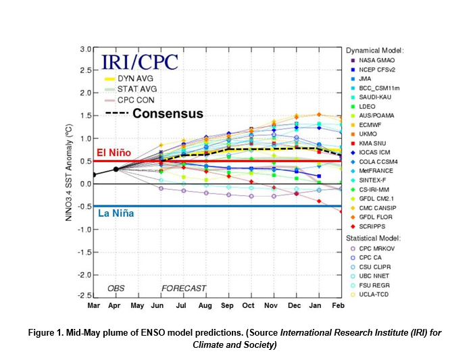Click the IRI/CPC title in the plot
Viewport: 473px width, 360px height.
[x=140, y=63]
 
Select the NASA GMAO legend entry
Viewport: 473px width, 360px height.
[x=376, y=59]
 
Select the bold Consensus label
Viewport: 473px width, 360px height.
[x=168, y=113]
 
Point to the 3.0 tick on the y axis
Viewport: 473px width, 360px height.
[x=85, y=49]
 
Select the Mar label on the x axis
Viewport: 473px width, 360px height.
[x=94, y=306]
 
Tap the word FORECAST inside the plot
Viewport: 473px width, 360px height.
[x=183, y=288]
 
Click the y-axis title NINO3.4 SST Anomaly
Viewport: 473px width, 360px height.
[x=69, y=173]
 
